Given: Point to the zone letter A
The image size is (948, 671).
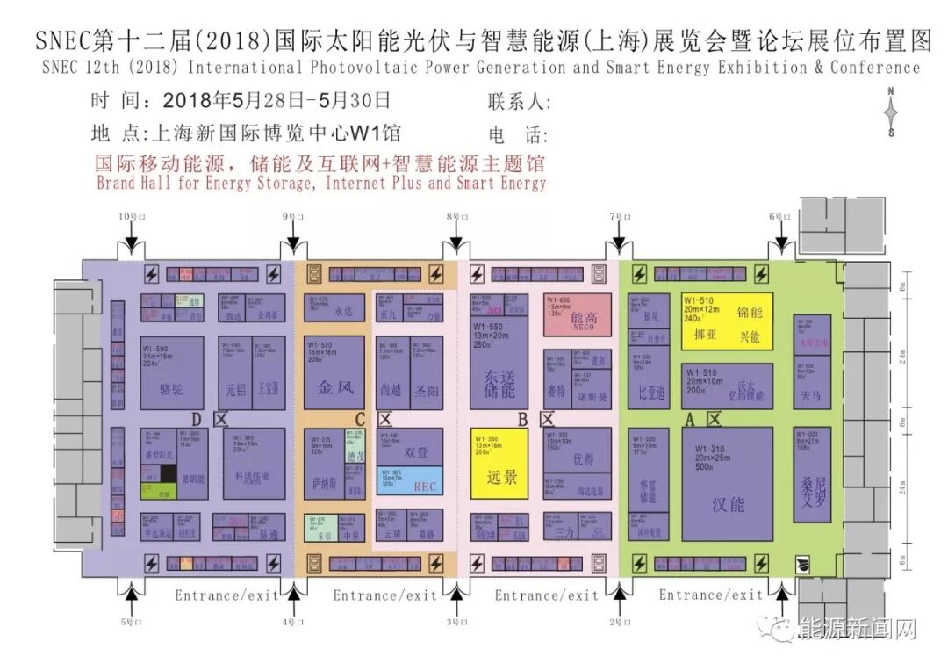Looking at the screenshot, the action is [690, 420].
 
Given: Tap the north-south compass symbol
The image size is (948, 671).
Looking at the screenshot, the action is [890, 112].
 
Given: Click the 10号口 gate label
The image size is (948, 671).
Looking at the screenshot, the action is [130, 217].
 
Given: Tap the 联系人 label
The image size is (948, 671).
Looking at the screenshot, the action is [519, 103].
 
